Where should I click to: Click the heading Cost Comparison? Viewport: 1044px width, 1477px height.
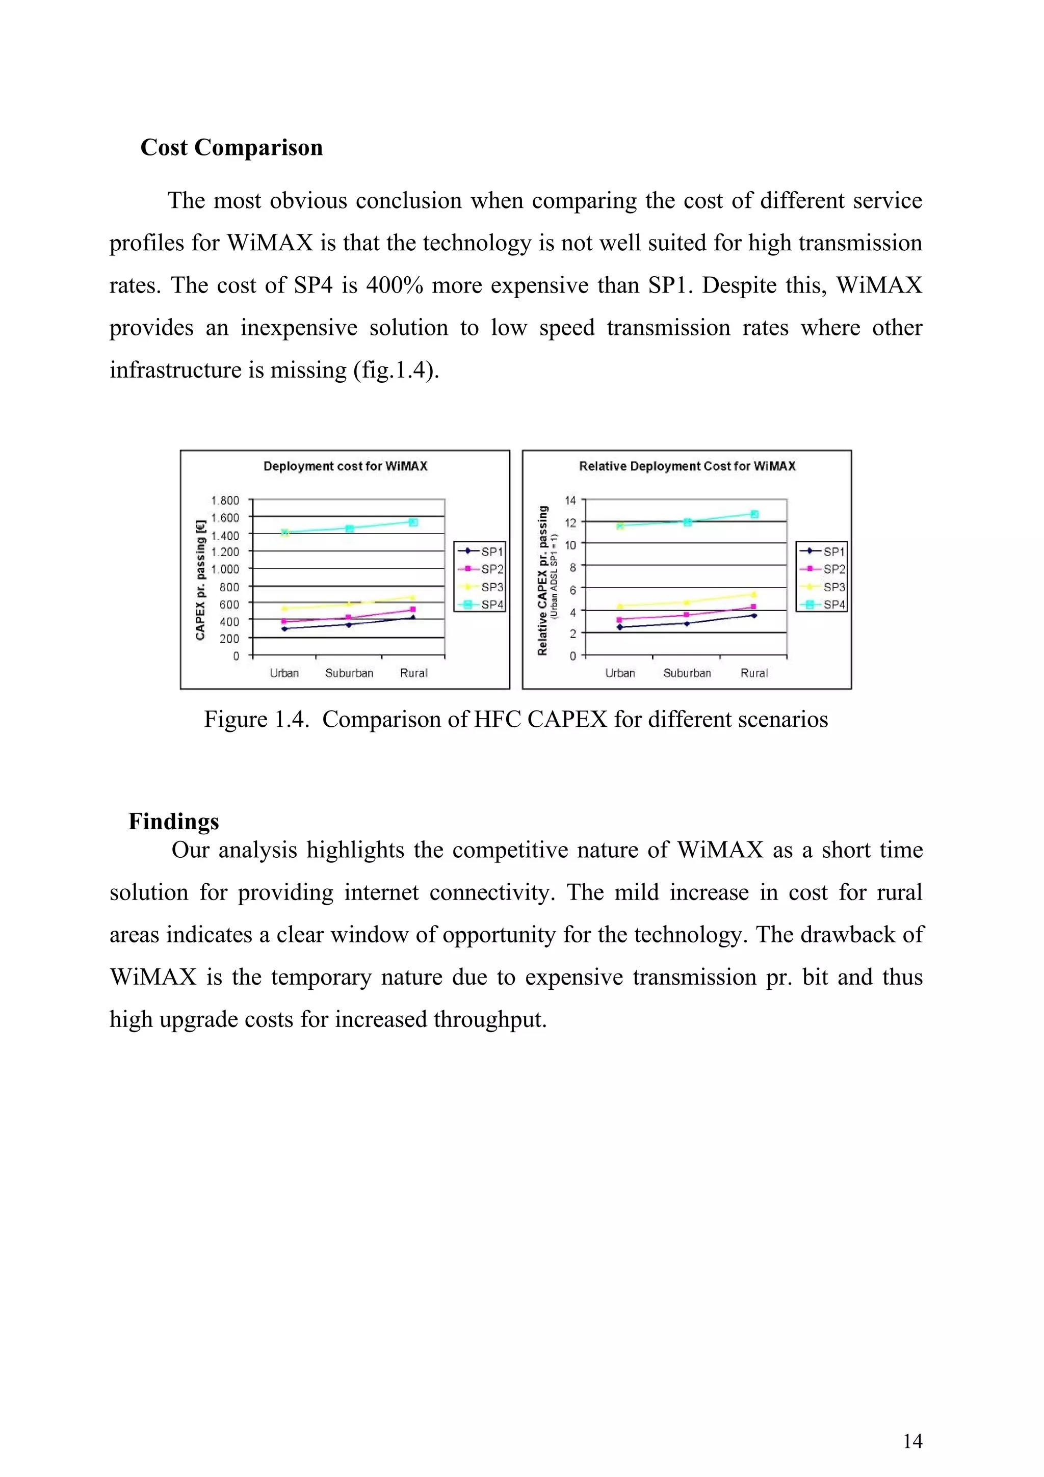(x=231, y=147)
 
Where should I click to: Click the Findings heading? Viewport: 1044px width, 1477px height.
(x=174, y=822)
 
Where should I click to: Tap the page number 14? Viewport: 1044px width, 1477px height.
(x=912, y=1441)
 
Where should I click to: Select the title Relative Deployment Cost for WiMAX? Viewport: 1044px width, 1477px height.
(x=687, y=466)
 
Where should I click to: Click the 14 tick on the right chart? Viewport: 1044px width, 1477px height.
(x=570, y=500)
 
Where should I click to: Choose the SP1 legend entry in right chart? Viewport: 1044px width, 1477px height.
(x=823, y=551)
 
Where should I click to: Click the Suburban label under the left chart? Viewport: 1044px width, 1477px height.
(x=349, y=673)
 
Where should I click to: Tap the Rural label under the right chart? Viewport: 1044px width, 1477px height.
(x=754, y=673)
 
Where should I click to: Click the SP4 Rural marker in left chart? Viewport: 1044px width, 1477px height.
(x=413, y=522)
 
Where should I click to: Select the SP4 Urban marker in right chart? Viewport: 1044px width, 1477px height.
(x=620, y=525)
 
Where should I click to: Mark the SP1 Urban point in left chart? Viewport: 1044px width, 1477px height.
(x=284, y=628)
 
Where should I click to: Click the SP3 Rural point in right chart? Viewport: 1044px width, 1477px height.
(x=753, y=594)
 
